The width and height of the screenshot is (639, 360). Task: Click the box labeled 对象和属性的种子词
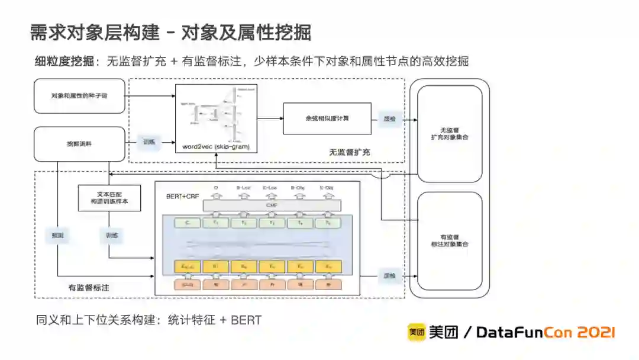[x=79, y=95]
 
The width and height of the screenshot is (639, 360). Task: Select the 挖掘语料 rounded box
[x=79, y=143]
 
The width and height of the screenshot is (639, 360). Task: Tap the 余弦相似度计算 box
[x=327, y=118]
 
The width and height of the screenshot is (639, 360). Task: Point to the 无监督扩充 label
[x=350, y=152]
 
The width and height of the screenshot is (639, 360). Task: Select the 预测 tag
[x=57, y=235]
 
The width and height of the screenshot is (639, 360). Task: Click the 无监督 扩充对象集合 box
[x=450, y=133]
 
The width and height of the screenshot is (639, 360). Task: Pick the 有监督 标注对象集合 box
[x=450, y=240]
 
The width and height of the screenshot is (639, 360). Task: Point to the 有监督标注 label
[x=89, y=288]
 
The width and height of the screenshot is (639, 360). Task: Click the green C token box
[x=187, y=223]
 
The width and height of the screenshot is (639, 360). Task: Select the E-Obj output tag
[x=326, y=188]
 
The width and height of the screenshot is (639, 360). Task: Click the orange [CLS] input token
[x=187, y=284]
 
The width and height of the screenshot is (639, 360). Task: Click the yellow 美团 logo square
[x=416, y=333]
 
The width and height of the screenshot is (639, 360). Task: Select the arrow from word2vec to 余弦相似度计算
[x=270, y=118]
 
